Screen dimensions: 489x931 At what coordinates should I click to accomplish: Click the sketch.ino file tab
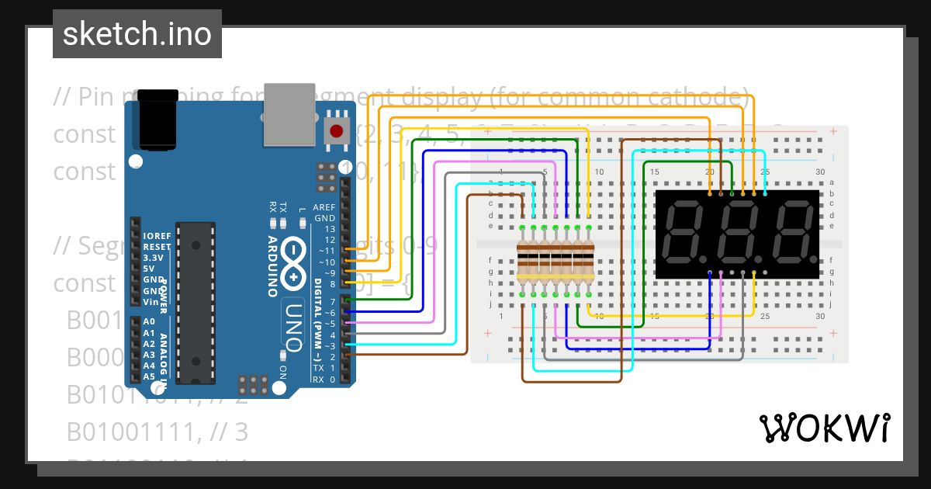click(137, 34)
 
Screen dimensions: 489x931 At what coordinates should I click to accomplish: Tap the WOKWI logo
click(824, 428)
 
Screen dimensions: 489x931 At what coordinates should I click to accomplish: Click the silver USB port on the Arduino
click(289, 114)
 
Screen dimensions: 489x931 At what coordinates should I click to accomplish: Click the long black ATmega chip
click(194, 302)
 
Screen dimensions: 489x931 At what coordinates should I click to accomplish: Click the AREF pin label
click(324, 207)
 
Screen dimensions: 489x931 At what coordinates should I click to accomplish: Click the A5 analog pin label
click(149, 376)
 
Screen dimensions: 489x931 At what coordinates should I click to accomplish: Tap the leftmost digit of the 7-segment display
click(687, 233)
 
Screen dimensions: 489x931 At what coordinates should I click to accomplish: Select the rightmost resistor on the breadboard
click(588, 260)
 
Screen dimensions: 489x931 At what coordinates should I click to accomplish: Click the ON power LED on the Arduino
click(282, 355)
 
